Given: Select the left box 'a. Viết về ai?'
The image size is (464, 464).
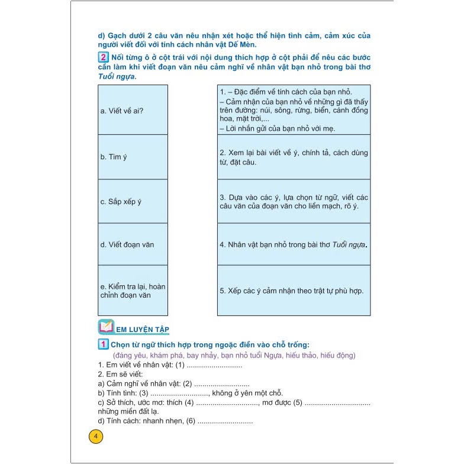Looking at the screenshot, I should [133, 110].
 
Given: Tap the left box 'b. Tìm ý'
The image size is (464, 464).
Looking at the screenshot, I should [133, 157].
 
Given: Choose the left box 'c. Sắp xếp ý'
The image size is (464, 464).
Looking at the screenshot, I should [133, 201].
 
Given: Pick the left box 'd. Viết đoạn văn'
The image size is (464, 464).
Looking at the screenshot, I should [133, 244].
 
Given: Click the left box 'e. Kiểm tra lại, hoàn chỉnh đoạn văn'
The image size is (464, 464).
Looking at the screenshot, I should [133, 290].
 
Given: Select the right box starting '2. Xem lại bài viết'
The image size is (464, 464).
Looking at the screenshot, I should [294, 157].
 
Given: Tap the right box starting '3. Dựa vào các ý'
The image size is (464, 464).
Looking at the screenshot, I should [294, 201].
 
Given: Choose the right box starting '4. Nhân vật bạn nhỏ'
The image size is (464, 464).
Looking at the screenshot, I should [294, 244].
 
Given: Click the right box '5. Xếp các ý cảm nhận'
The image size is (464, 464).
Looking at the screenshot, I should [294, 290].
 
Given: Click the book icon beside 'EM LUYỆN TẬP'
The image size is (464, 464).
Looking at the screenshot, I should [105, 327].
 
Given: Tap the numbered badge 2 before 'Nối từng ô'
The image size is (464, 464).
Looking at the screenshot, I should [104, 57].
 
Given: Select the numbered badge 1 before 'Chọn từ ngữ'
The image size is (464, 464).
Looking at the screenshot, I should [103, 345].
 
